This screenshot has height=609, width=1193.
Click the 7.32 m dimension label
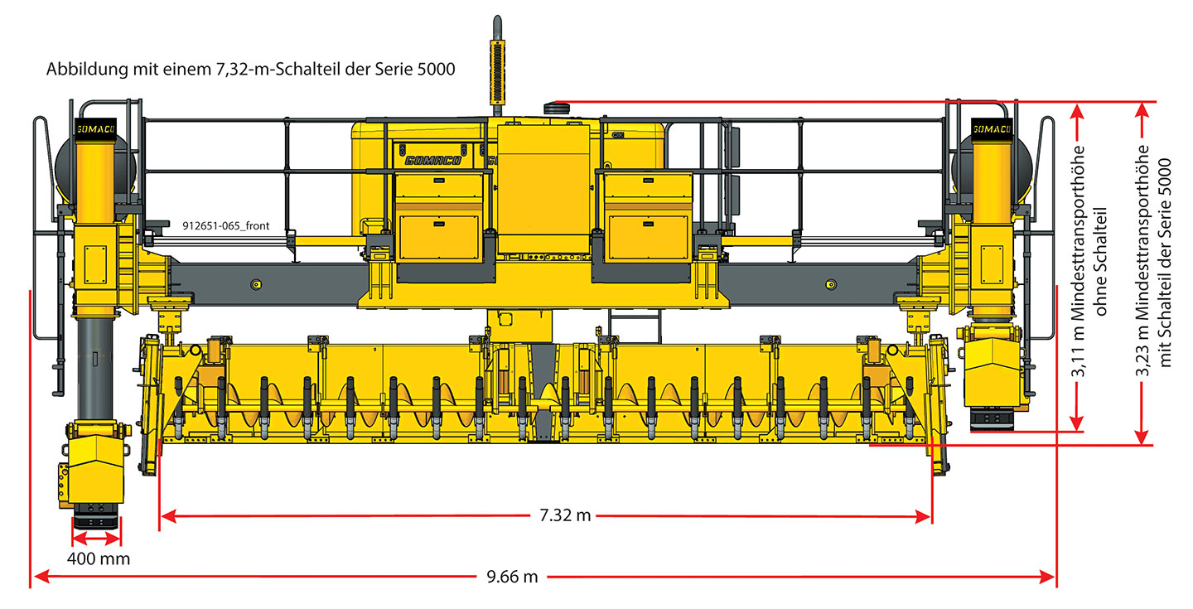click(x=565, y=515)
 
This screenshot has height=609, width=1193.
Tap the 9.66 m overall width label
click(x=512, y=577)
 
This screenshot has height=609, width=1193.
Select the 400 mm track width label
click(x=99, y=559)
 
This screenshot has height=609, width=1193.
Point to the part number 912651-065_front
click(x=226, y=226)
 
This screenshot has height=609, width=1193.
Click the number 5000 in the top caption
click(x=436, y=70)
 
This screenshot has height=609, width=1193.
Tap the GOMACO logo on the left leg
click(x=96, y=129)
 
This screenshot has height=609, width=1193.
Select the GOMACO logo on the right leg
click(x=991, y=129)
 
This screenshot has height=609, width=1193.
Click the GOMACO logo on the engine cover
click(x=432, y=160)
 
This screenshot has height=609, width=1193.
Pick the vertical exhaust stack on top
click(x=497, y=66)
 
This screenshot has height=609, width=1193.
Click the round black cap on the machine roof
click(x=557, y=109)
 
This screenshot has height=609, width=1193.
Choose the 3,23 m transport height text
click(x=1153, y=261)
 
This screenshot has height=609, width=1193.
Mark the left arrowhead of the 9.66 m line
click(x=41, y=577)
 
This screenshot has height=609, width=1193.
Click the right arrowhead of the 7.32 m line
click(x=923, y=515)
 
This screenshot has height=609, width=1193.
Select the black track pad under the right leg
click(x=992, y=418)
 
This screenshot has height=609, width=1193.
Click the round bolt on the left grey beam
click(x=256, y=284)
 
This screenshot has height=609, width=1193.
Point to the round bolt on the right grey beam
click(x=831, y=284)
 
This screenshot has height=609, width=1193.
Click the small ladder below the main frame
click(x=634, y=326)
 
